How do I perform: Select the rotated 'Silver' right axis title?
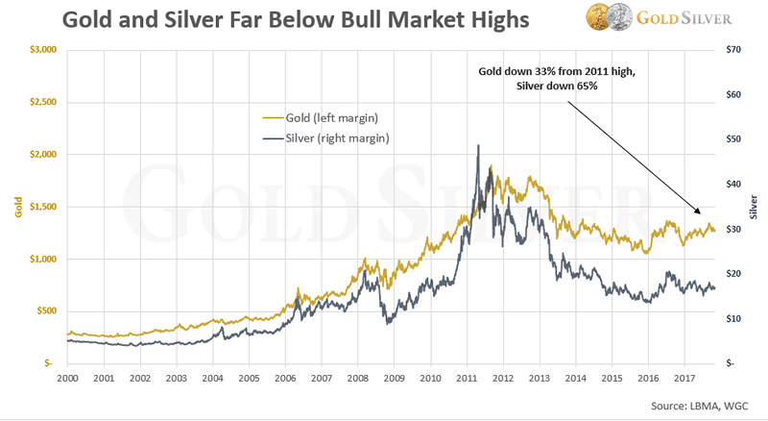[754, 206]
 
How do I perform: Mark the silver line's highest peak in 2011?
[478, 146]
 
